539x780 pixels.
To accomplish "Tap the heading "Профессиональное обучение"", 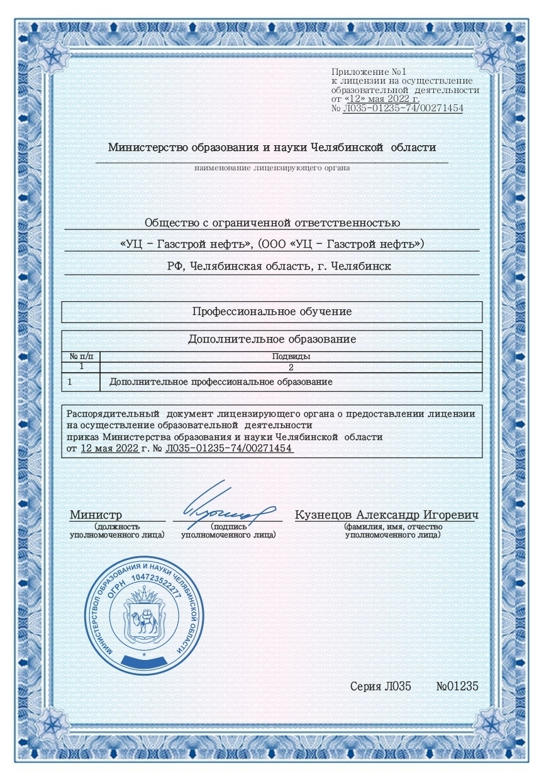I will click(272, 312).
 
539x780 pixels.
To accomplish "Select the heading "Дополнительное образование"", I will click(272, 339).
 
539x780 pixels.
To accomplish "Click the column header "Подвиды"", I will click(291, 356).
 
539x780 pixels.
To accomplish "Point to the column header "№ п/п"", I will click(81, 356).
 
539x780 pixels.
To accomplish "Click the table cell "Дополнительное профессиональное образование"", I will click(221, 382).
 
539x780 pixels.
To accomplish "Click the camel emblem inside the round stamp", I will click(145, 622).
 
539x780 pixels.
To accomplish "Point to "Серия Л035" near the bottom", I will click(380, 686).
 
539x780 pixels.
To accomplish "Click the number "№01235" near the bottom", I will click(457, 686).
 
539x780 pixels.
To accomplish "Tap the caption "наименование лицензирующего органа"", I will click(272, 168).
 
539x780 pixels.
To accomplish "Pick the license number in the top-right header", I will click(403, 108).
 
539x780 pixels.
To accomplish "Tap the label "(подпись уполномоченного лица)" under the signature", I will click(228, 531).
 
